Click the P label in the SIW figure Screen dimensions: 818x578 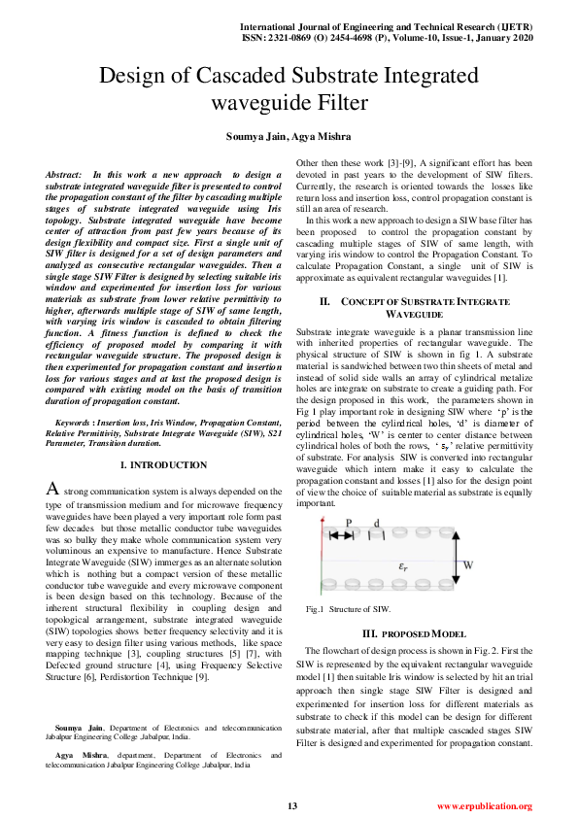(x=348, y=523)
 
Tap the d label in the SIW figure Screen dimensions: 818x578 (x=377, y=523)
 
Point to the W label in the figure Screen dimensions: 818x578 (x=468, y=564)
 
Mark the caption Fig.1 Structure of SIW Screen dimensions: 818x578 (x=348, y=609)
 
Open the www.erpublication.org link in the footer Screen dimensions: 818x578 (x=484, y=806)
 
